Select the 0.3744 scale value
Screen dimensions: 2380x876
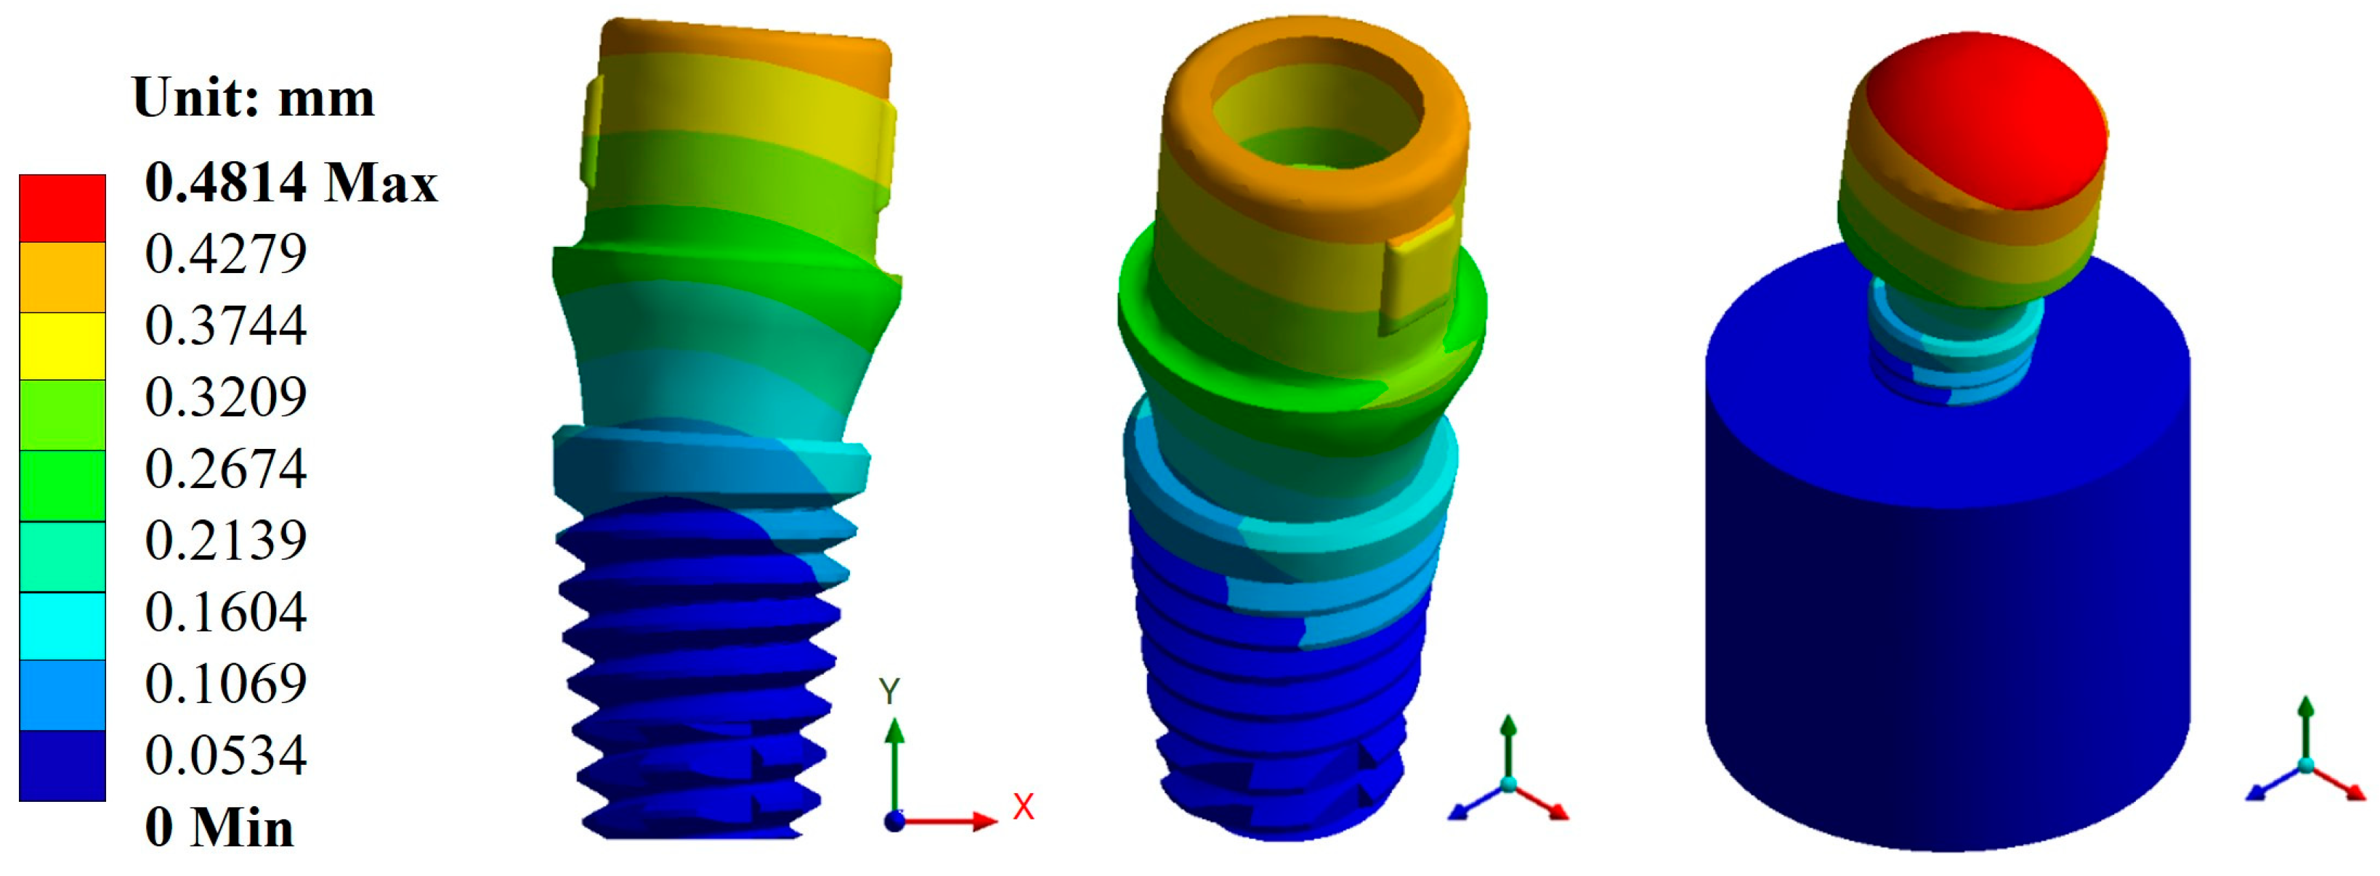coord(225,325)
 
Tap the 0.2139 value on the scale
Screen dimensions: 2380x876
coord(225,540)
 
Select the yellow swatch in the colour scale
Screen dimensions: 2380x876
coord(62,346)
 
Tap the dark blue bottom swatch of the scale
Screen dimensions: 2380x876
coord(62,766)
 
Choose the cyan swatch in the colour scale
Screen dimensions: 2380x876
coord(62,625)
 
